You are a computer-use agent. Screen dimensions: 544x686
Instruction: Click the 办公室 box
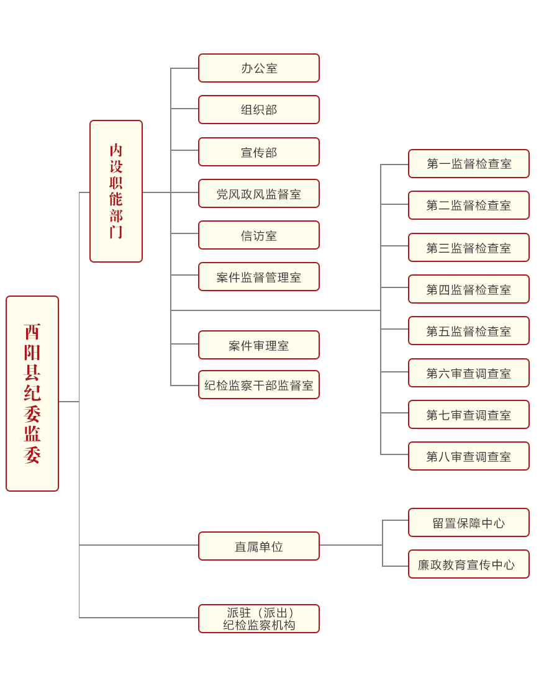259,68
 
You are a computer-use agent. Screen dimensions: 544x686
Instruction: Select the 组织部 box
259,109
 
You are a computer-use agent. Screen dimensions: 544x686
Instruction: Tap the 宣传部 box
259,152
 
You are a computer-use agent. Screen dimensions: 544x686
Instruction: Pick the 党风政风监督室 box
259,193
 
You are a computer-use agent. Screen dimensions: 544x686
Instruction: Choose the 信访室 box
259,235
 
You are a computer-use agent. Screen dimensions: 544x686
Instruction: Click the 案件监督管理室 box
259,276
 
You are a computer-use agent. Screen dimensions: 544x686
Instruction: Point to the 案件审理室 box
259,345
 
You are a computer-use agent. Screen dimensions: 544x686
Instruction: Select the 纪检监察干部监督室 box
259,384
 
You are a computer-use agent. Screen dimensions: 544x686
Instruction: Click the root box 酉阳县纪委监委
32,394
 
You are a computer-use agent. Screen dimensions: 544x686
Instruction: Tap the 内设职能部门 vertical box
116,191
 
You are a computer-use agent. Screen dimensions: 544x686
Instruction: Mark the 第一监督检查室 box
469,164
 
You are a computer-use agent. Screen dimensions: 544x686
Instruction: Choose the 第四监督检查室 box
469,289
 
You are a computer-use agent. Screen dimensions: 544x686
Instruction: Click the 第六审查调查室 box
469,372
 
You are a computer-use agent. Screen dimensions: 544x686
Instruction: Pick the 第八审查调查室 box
469,456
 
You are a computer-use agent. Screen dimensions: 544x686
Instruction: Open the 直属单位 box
259,546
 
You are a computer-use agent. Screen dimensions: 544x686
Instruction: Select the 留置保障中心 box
469,522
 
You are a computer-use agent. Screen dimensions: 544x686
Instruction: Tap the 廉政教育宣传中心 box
469,564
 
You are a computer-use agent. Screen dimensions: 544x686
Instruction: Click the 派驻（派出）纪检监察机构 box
259,618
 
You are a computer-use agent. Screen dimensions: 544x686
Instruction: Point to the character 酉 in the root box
32,332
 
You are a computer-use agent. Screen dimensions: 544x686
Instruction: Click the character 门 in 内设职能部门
116,232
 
